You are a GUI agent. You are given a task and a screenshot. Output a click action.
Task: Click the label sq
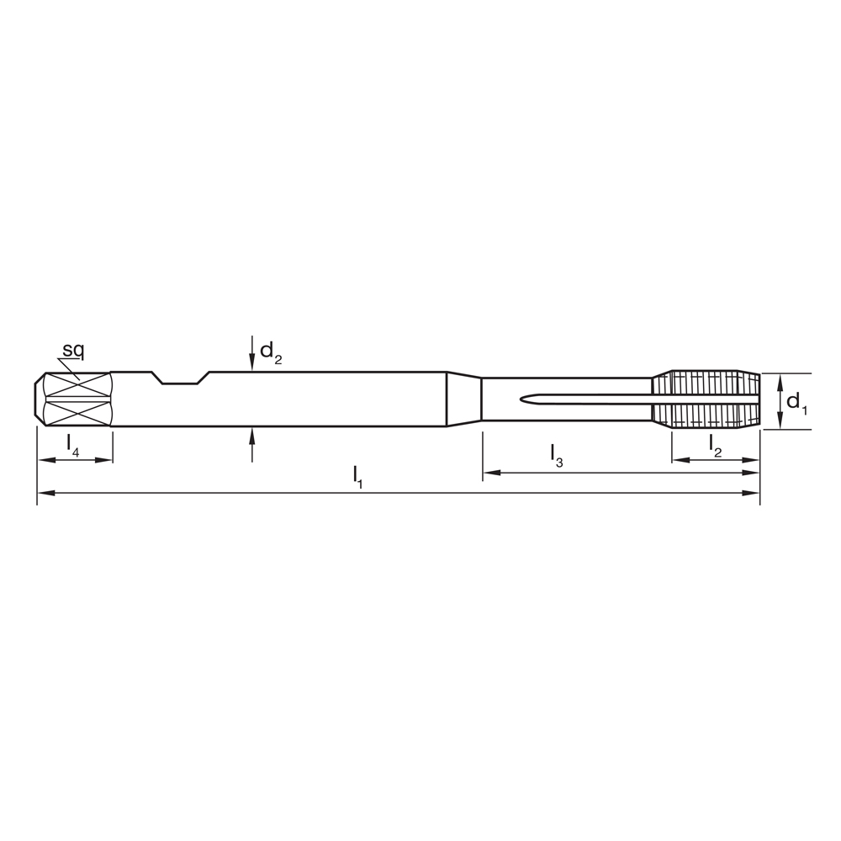pyautogui.click(x=73, y=349)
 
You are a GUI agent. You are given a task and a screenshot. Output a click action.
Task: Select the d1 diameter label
pyautogui.click(x=796, y=402)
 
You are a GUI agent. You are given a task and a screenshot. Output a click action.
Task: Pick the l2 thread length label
pyautogui.click(x=716, y=445)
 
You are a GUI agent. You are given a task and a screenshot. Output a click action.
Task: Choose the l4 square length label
pyautogui.click(x=73, y=445)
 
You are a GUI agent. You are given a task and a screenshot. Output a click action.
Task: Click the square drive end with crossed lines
pyautogui.click(x=76, y=399)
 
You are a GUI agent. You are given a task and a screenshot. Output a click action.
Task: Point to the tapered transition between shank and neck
pyautogui.click(x=463, y=399)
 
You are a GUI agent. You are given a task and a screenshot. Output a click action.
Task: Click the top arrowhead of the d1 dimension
pyautogui.click(x=780, y=380)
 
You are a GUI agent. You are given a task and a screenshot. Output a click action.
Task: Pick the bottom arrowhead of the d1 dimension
pyautogui.click(x=780, y=423)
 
